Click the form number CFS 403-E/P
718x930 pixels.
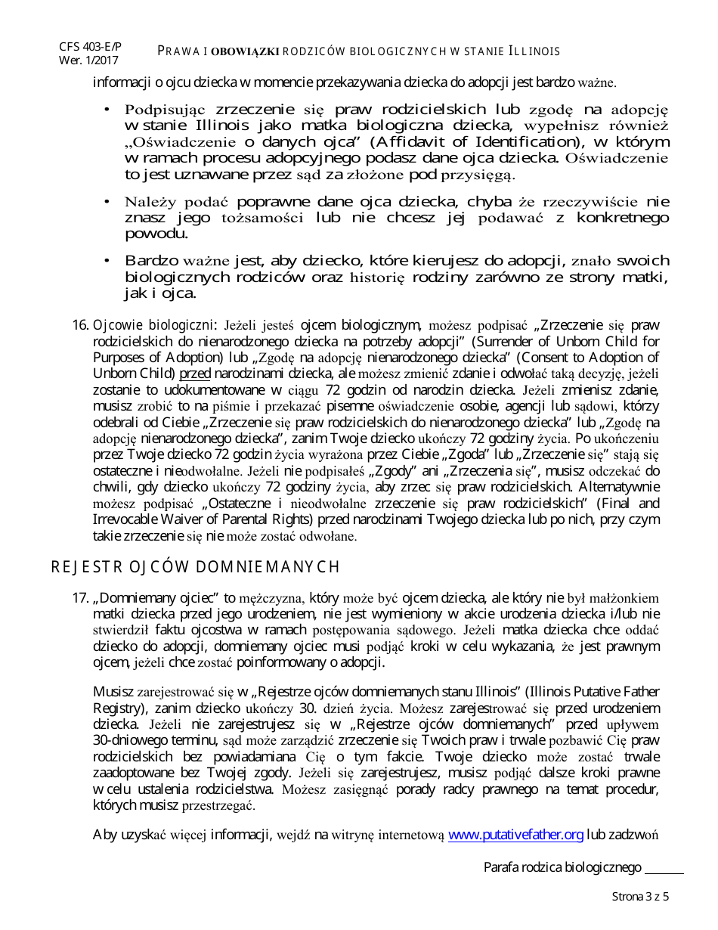(90, 47)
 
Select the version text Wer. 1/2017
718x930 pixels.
(88, 60)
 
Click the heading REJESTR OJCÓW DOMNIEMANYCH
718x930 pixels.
(195, 567)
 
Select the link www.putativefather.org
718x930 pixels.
(515, 835)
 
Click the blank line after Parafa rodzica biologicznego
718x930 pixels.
(664, 868)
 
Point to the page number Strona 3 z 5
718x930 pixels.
(640, 897)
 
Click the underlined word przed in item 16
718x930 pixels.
(194, 373)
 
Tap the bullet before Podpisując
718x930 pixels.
(107, 110)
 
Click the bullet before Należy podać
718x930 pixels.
(107, 202)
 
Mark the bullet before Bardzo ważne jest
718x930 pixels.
(107, 261)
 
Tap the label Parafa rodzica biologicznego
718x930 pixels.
(562, 868)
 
